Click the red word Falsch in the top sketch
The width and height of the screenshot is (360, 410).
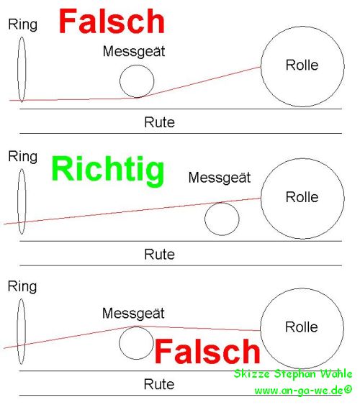coord(112,21)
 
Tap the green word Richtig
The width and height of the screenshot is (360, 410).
coord(108,170)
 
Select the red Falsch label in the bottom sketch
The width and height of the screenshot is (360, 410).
coord(207,351)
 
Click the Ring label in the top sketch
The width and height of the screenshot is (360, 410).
coord(23,25)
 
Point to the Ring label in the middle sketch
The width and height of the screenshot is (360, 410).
coord(23,158)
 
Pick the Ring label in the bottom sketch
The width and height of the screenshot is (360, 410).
coord(22,287)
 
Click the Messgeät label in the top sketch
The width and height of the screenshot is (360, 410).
coord(134,52)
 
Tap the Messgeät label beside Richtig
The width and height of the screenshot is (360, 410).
coord(220,178)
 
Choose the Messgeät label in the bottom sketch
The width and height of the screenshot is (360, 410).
coord(133,314)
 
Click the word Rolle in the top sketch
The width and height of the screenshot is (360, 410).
coord(302,65)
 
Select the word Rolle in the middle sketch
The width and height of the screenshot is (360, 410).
coord(302,197)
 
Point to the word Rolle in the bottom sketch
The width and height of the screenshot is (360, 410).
coord(302,327)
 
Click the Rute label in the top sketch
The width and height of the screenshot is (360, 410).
coord(159,122)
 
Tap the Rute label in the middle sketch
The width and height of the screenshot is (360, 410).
coord(159,255)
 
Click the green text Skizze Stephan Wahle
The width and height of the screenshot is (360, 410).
coord(293,374)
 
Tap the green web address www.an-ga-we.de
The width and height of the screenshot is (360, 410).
coord(303,391)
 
